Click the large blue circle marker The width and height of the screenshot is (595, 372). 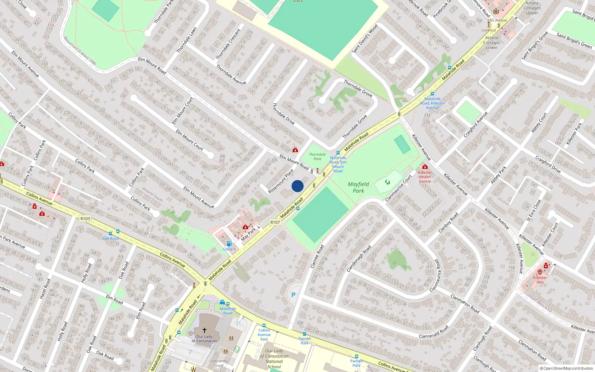297,186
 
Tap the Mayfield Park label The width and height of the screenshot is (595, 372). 358,187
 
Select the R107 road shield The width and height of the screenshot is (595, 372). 275,222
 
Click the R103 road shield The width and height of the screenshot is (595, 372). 85,218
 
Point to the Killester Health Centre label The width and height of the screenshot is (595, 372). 425,177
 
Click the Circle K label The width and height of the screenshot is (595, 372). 229,249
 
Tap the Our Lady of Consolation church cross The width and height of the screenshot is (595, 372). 204,330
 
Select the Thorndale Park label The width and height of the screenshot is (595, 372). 317,157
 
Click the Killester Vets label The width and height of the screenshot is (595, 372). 540,280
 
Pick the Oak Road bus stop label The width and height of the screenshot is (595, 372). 110,238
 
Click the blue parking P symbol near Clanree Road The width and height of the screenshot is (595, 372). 293,295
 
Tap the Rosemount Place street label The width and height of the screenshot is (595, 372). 281,181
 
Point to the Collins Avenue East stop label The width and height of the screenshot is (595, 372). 264,334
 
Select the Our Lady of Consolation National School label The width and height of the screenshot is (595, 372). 274,359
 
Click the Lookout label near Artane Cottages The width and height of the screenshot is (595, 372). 489,30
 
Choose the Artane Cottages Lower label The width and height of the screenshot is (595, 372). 492,42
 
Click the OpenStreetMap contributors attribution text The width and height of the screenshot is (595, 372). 566,368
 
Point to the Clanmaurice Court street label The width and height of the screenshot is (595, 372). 398,188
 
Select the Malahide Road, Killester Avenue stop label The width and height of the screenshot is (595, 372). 432,103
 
